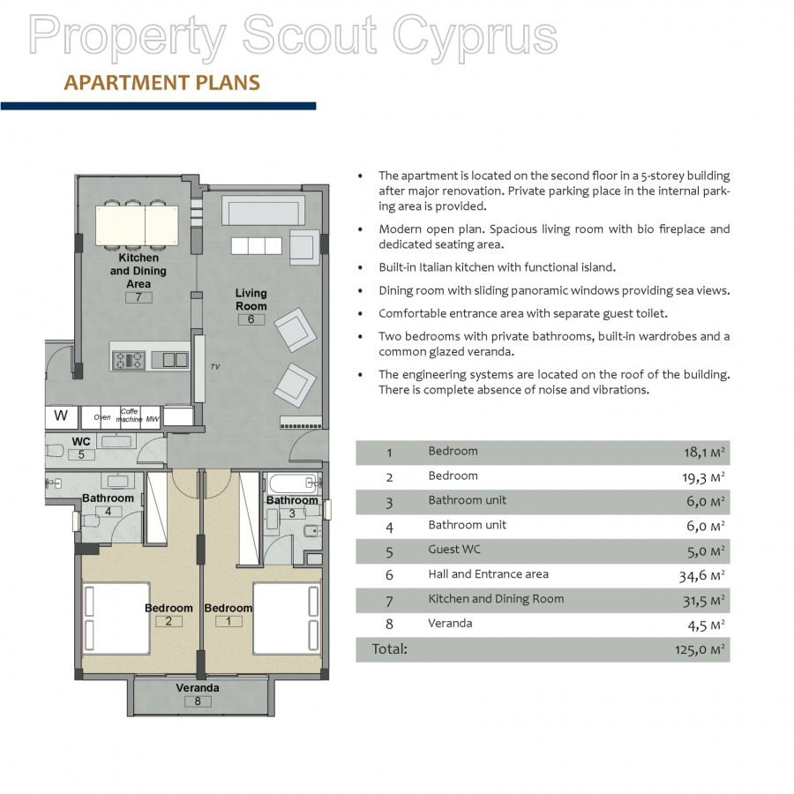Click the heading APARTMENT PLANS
[x=162, y=83]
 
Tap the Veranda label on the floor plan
[x=198, y=687]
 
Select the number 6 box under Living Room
[x=251, y=319]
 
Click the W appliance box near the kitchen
[x=61, y=416]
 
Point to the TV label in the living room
[x=215, y=367]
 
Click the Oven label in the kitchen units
[x=101, y=417]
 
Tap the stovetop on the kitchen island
[x=128, y=360]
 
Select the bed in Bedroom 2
[x=116, y=618]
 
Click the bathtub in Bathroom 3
[x=294, y=483]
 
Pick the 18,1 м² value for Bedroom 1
[x=704, y=453]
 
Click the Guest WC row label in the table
[x=454, y=550]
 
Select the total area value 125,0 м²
[x=700, y=649]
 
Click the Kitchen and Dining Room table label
[x=496, y=599]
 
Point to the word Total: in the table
[x=389, y=648]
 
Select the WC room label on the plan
[x=81, y=442]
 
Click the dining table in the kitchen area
[x=138, y=225]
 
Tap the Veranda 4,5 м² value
[x=706, y=625]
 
